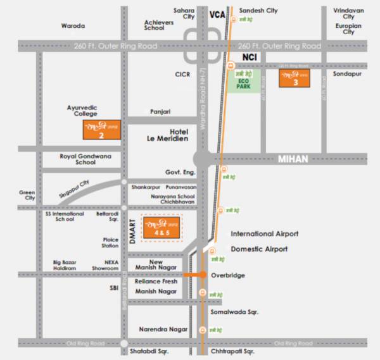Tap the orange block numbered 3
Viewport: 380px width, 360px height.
296,80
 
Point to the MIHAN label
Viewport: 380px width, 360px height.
293,159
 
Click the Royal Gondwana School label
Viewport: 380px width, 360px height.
85,158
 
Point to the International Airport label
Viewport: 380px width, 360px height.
265,233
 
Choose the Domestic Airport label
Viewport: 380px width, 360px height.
259,249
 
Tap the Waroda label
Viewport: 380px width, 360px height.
73,26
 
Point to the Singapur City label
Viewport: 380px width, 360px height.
75,189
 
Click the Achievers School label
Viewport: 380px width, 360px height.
159,25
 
